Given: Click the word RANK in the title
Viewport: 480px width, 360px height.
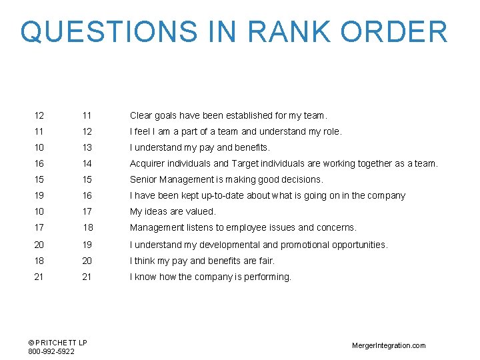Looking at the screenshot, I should pyautogui.click(x=281, y=31).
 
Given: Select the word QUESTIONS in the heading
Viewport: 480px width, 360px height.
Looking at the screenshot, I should pyautogui.click(x=109, y=31).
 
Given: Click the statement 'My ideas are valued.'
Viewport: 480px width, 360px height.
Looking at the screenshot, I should pyautogui.click(x=173, y=212).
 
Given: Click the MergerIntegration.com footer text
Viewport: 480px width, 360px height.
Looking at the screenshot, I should pyautogui.click(x=388, y=345).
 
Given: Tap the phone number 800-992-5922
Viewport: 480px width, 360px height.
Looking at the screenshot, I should pyautogui.click(x=51, y=351).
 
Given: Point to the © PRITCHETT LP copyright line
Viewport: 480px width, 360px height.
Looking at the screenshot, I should pyautogui.click(x=57, y=343).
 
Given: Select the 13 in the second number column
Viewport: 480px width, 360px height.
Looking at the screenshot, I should pyautogui.click(x=87, y=147).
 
